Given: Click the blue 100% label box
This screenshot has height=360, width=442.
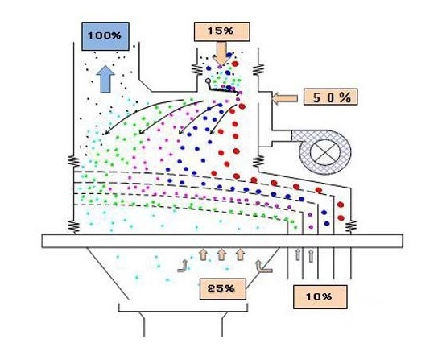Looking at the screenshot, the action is (x=105, y=36).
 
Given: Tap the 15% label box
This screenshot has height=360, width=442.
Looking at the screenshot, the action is (x=222, y=31).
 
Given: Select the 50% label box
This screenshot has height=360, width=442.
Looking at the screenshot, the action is (x=330, y=97).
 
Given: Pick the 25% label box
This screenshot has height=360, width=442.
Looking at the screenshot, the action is (x=223, y=289).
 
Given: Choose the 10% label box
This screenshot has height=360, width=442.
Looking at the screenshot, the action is (x=320, y=297).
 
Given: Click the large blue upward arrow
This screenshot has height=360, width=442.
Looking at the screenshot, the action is (x=105, y=79).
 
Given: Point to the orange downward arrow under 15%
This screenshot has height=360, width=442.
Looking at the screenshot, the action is (x=221, y=54).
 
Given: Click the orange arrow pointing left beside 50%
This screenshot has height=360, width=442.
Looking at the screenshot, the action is (x=284, y=99).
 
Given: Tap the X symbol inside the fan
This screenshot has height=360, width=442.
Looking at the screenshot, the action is (x=325, y=152).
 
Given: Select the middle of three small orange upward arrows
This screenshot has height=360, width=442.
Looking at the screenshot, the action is (x=221, y=254).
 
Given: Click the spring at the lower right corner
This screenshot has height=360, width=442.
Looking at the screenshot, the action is (x=352, y=226).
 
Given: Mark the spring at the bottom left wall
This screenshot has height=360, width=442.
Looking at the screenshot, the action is (x=74, y=227).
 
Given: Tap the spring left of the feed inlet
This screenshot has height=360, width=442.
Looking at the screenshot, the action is (x=196, y=69).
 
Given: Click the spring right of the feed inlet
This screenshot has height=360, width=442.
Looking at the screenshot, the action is (x=258, y=69).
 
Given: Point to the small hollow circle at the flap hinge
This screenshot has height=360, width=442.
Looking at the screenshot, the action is (x=208, y=81).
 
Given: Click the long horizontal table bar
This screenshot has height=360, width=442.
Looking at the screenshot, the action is (x=222, y=241).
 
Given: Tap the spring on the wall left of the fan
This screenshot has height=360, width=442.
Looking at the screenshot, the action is (x=258, y=162).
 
